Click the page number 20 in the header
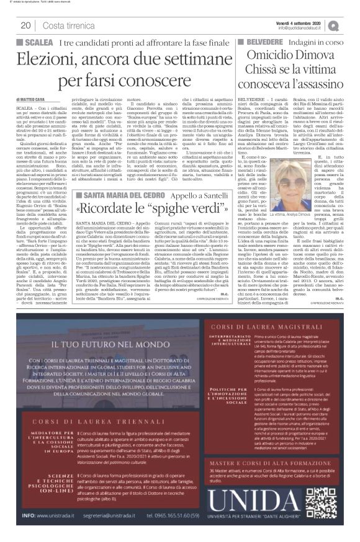(x=27, y=25)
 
